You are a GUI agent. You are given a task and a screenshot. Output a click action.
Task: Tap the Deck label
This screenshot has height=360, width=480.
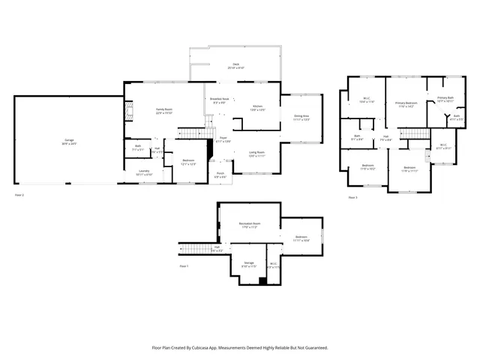pos(236,65)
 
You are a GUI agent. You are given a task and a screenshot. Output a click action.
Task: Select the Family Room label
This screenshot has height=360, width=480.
pos(164,110)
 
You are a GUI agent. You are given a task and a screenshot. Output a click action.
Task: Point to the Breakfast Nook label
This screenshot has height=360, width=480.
pos(220,100)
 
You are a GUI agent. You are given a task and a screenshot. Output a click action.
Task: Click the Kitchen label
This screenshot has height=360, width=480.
pos(257,106)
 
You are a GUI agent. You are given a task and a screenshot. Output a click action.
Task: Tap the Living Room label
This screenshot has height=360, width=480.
pos(257,152)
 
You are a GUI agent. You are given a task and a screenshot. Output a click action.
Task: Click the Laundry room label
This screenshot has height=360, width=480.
pos(143,172)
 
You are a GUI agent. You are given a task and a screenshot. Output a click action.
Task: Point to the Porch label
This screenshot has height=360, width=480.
pos(221,175)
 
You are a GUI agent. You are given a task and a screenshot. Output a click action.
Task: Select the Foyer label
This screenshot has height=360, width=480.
pos(223,139)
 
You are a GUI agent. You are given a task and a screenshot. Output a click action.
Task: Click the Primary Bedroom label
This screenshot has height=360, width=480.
pos(407,103)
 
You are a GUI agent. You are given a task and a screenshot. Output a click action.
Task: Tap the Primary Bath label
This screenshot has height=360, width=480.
pos(445,97)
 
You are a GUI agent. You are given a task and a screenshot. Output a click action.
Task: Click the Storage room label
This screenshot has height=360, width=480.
pos(248,263)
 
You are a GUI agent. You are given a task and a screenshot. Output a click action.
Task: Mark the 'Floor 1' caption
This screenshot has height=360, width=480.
pos(184,266)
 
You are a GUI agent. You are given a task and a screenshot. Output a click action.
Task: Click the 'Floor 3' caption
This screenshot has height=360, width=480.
pos(352,197)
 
